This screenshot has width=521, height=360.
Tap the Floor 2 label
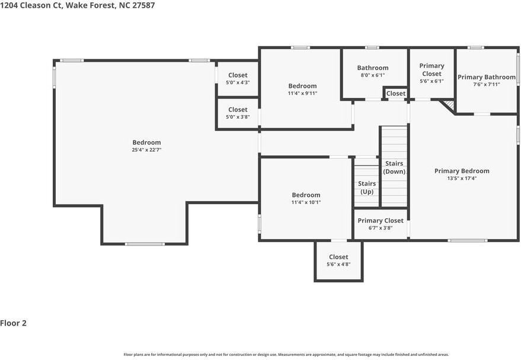(x=14, y=323)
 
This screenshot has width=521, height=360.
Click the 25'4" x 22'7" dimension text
(x=146, y=151)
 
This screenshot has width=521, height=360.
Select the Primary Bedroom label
(x=462, y=171)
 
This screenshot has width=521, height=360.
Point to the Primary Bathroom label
(x=486, y=77)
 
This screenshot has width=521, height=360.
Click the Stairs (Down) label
(x=395, y=167)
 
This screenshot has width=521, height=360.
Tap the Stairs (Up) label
(x=367, y=187)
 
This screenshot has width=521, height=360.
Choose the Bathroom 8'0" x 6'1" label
(x=373, y=68)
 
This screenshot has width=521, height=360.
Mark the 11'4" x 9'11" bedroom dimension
(x=302, y=93)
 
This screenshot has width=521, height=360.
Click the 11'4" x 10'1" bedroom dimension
(x=306, y=202)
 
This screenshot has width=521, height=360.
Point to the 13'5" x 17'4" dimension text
(x=462, y=178)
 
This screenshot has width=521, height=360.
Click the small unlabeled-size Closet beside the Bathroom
(x=396, y=93)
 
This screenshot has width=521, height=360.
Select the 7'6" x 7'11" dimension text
(x=486, y=84)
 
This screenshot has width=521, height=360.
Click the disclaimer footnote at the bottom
(x=260, y=355)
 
